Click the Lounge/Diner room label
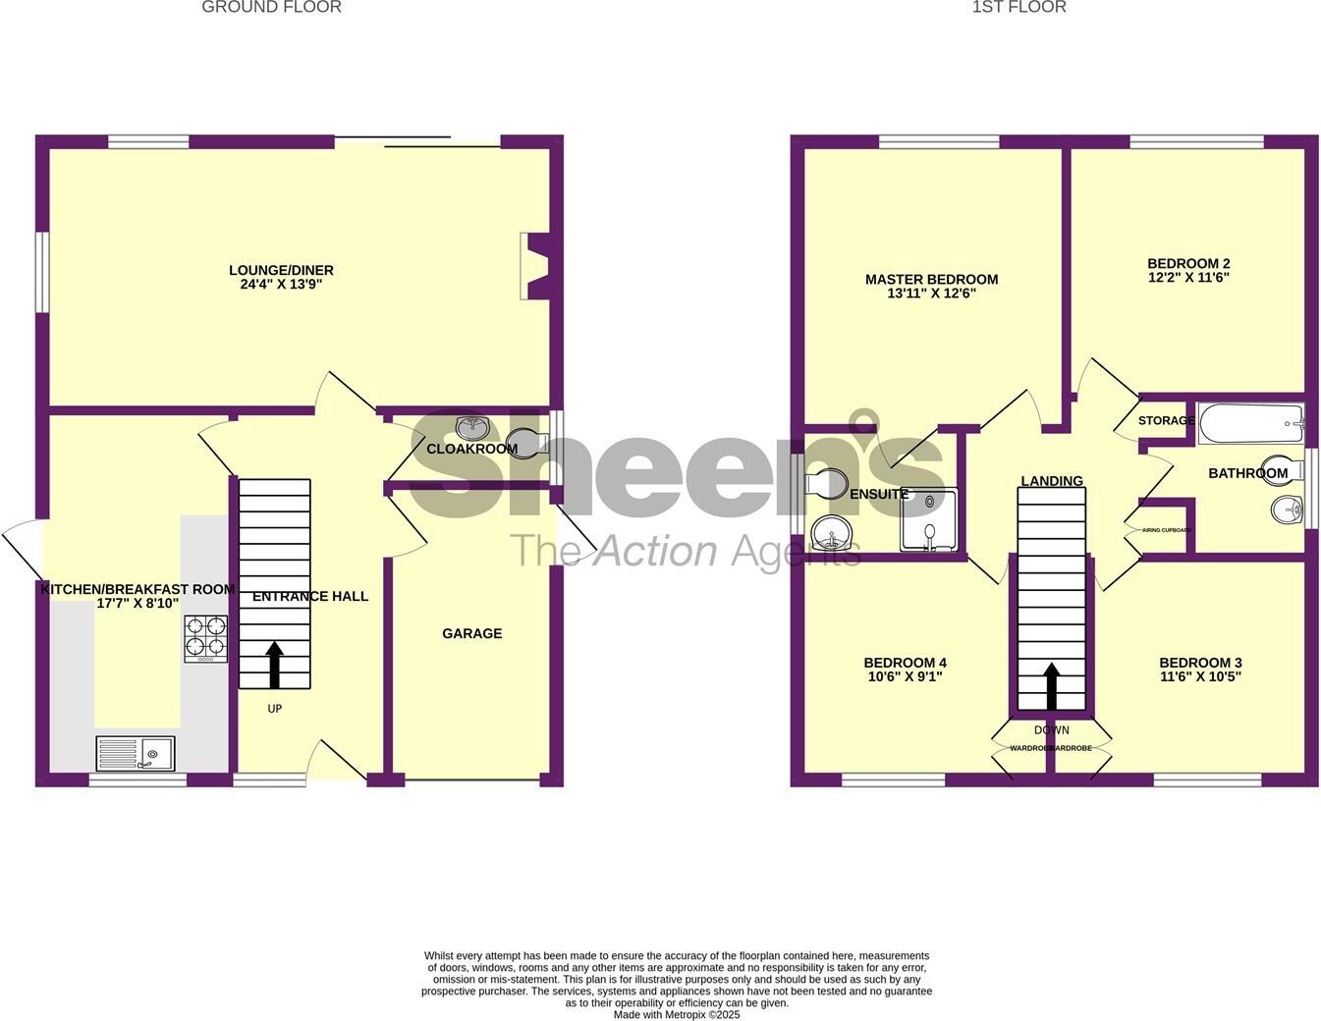point(281,270)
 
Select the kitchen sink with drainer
point(136,753)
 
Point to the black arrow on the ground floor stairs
point(274,664)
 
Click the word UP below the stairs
point(275,708)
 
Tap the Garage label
point(471,633)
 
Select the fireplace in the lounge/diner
point(536,265)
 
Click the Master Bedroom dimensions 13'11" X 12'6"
point(931,293)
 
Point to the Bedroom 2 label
point(1188,263)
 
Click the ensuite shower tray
point(927,519)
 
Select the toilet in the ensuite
point(826,482)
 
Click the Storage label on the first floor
point(1166,421)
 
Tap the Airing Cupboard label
point(1166,530)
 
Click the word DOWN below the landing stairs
point(1051,730)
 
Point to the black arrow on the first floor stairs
point(1051,685)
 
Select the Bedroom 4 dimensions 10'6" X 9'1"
point(905,676)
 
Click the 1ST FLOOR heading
point(1018,8)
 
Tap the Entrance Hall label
point(310,596)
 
